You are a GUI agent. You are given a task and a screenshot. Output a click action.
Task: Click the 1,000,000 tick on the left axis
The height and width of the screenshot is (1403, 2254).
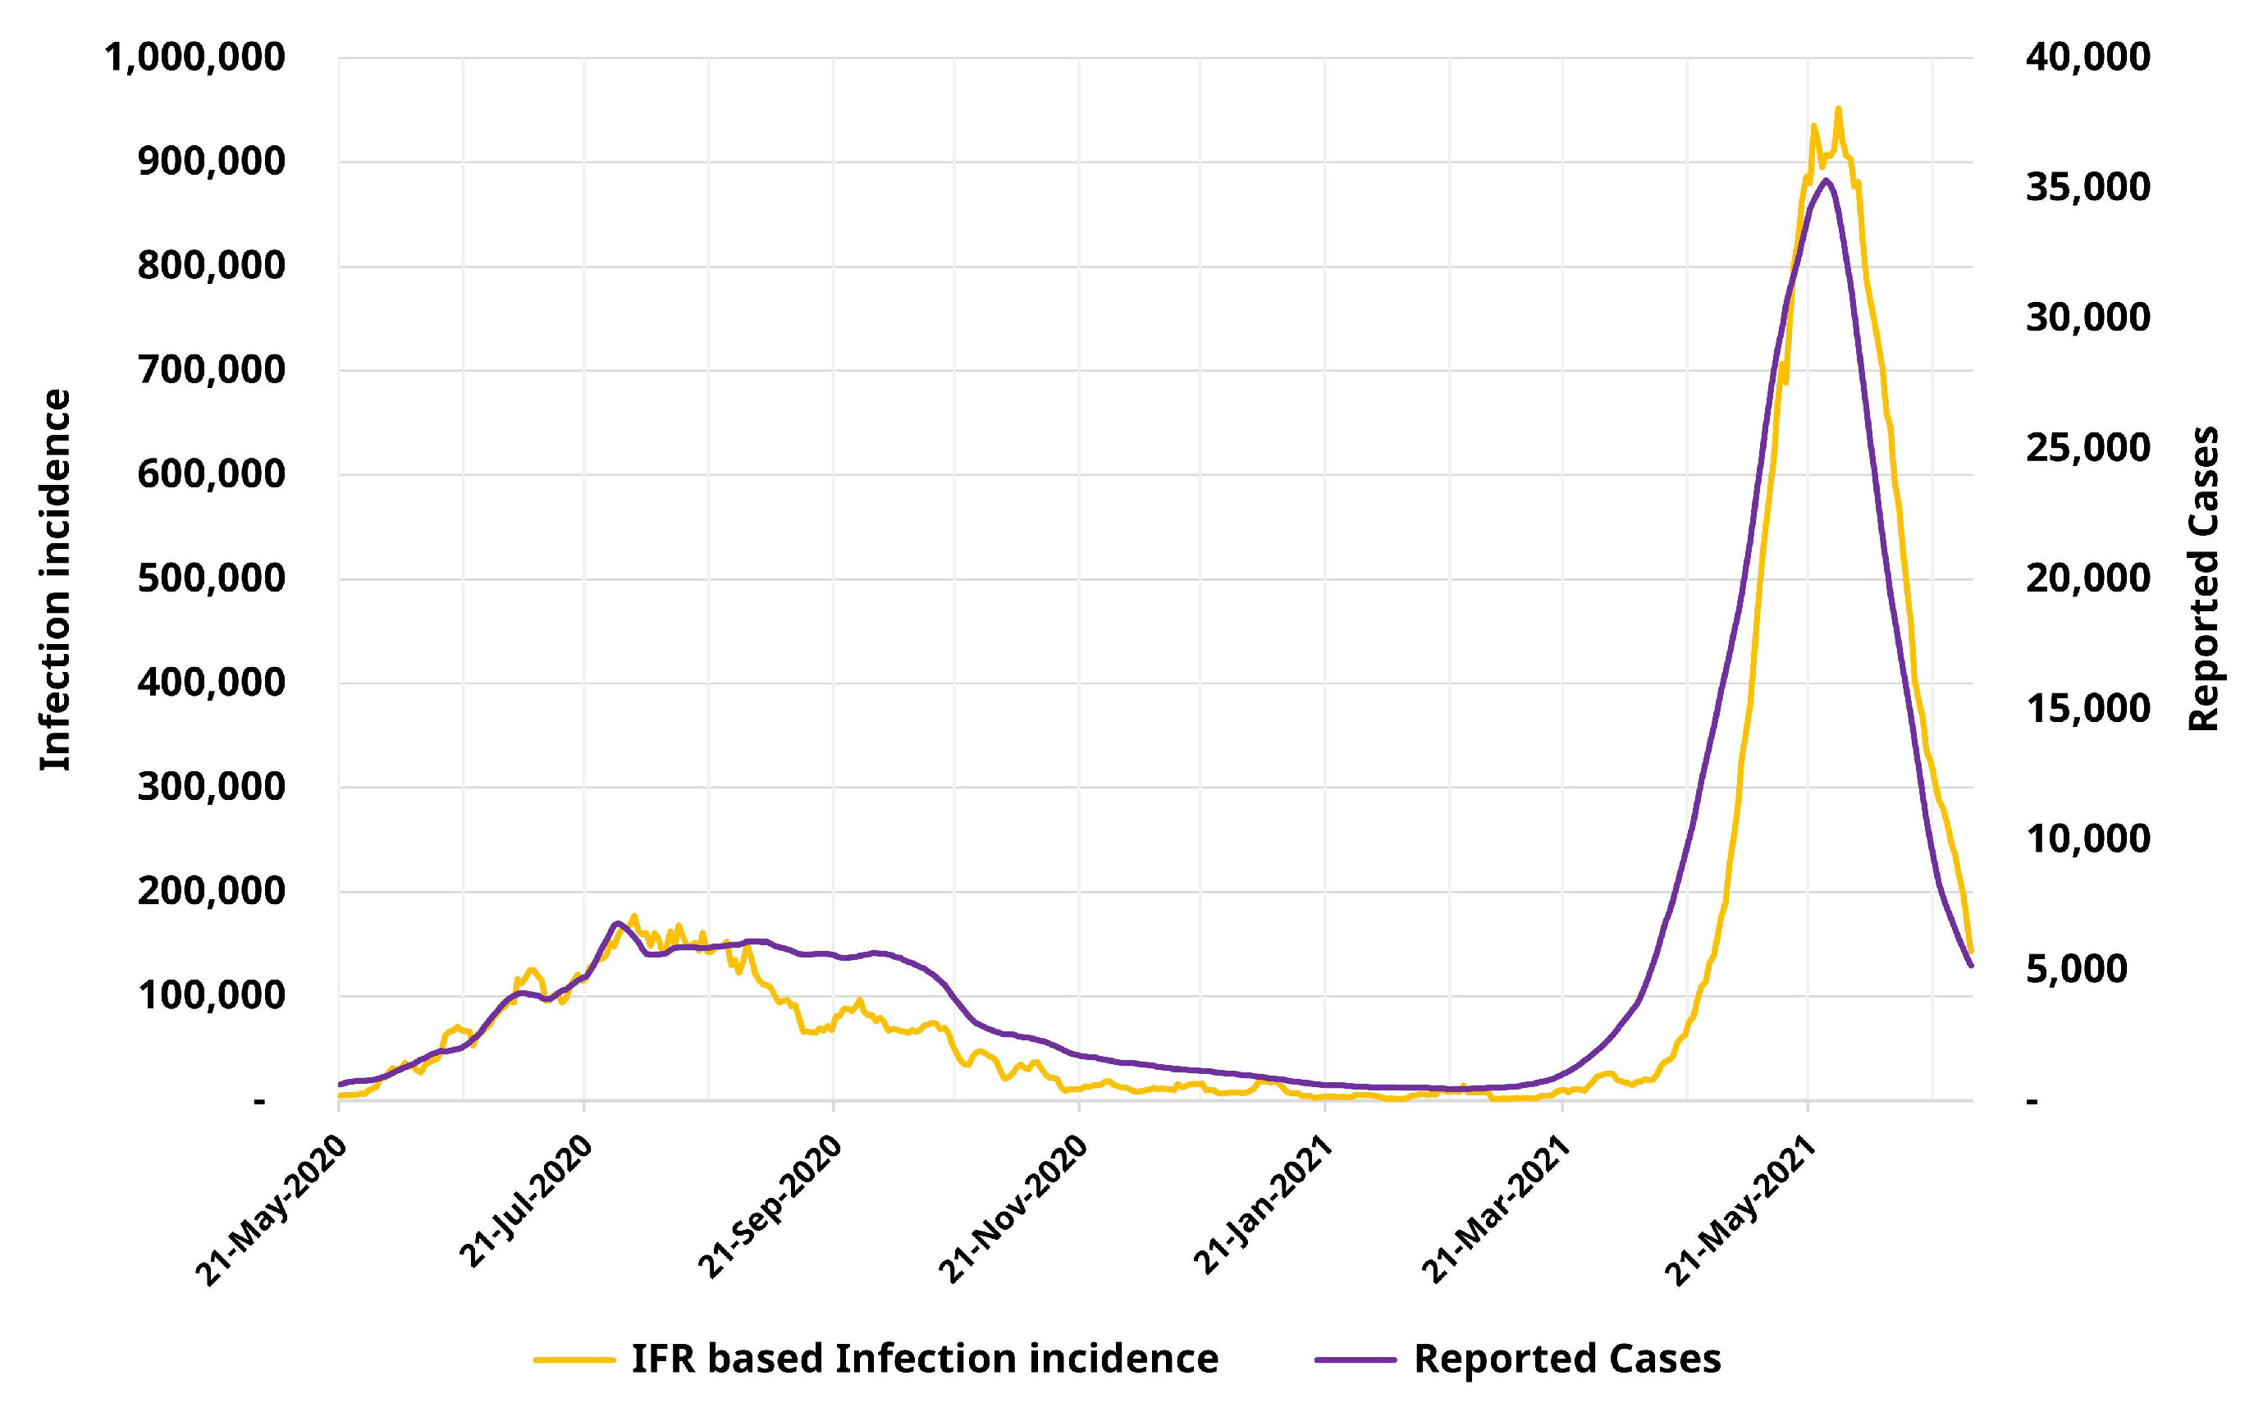coord(194,57)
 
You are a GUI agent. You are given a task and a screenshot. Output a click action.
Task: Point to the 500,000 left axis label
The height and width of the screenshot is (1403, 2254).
coord(212,578)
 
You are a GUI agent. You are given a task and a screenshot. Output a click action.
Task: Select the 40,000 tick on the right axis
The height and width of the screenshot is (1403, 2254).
coord(2087,57)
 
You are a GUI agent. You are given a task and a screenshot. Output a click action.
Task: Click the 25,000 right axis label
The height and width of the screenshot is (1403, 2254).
coord(2087,448)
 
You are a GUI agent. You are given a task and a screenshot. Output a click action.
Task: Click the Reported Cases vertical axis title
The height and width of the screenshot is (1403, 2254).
coord(2202,579)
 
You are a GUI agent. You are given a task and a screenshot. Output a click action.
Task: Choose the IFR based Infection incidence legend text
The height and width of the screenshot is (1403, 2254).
coord(924,1359)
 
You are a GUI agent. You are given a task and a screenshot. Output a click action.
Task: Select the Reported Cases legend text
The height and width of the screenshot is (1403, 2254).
coord(1567,1359)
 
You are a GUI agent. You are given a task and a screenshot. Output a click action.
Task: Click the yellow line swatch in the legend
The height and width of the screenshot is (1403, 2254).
coord(574,1360)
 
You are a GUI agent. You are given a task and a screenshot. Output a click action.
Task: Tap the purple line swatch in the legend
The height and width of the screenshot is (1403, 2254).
coord(1356,1360)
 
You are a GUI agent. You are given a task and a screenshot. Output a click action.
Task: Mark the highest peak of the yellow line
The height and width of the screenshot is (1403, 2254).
coord(1837,108)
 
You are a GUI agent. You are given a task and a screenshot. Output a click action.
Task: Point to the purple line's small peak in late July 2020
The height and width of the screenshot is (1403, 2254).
coord(617,923)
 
